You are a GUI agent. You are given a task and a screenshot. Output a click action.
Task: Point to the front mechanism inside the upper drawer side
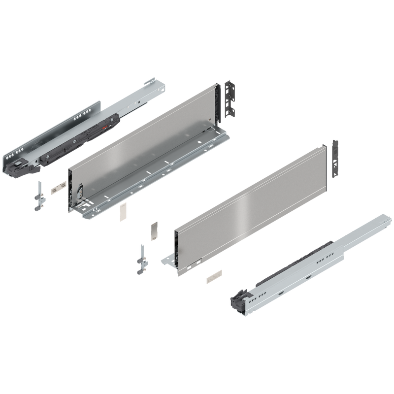pos(79,192)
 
